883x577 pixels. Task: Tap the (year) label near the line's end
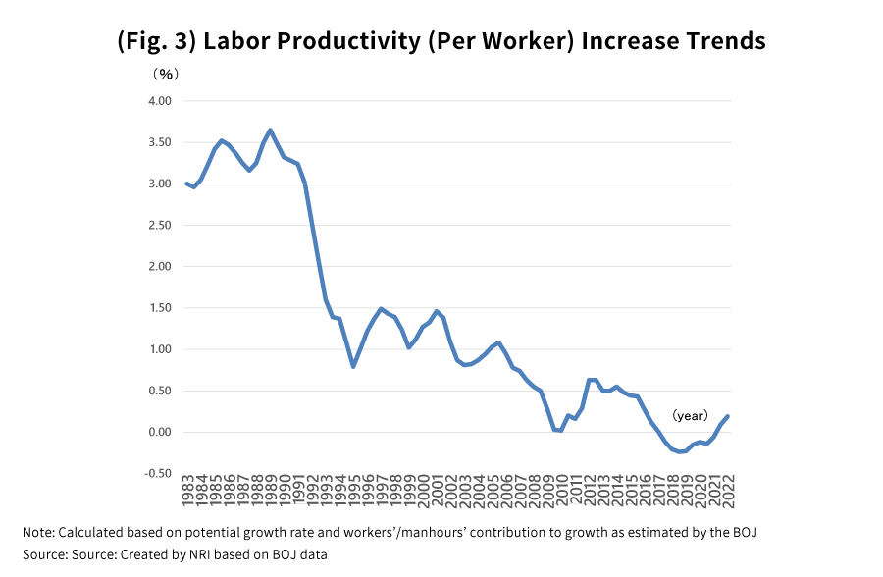tap(690, 416)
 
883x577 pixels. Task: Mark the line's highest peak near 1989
tap(270, 130)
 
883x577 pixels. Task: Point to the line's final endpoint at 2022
tap(728, 416)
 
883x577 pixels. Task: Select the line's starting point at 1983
tap(186, 184)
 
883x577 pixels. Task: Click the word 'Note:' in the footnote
tap(38, 533)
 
